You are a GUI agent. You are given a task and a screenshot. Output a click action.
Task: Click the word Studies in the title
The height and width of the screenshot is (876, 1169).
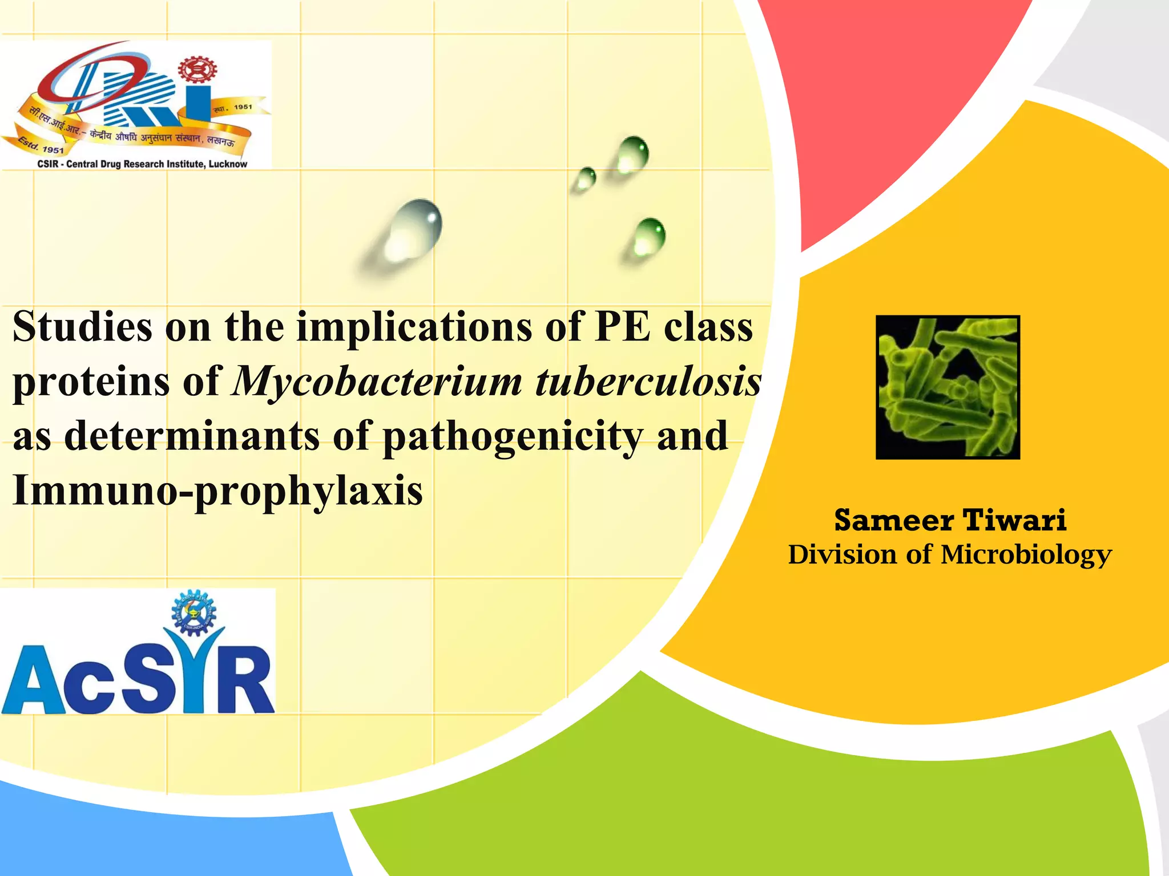pos(83,327)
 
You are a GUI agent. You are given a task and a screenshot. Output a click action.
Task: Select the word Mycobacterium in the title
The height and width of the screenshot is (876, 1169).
pos(377,382)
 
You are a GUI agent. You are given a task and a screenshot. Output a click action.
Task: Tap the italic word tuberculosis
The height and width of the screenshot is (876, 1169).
pos(648,382)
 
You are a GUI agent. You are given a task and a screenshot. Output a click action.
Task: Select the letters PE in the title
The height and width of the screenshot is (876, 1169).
pos(622,327)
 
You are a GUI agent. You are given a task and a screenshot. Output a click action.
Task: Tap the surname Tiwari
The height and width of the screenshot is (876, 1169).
pos(1014,520)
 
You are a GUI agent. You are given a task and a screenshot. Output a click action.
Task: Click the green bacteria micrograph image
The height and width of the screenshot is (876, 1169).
pos(948,387)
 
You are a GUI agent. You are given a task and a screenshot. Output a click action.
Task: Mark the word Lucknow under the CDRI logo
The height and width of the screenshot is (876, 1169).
pos(228,164)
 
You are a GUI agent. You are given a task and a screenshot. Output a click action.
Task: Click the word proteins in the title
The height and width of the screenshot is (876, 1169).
pos(91,382)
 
